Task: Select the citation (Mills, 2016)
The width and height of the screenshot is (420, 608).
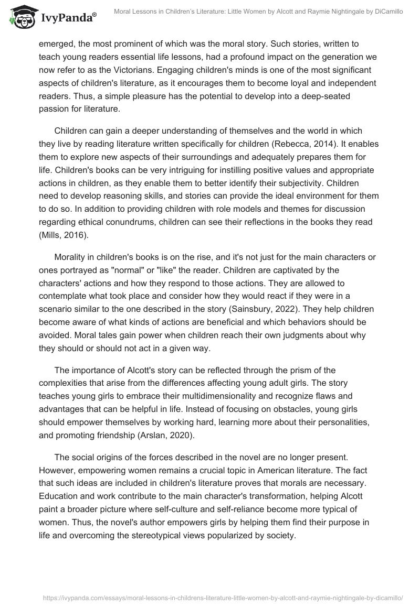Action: click(x=65, y=236)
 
